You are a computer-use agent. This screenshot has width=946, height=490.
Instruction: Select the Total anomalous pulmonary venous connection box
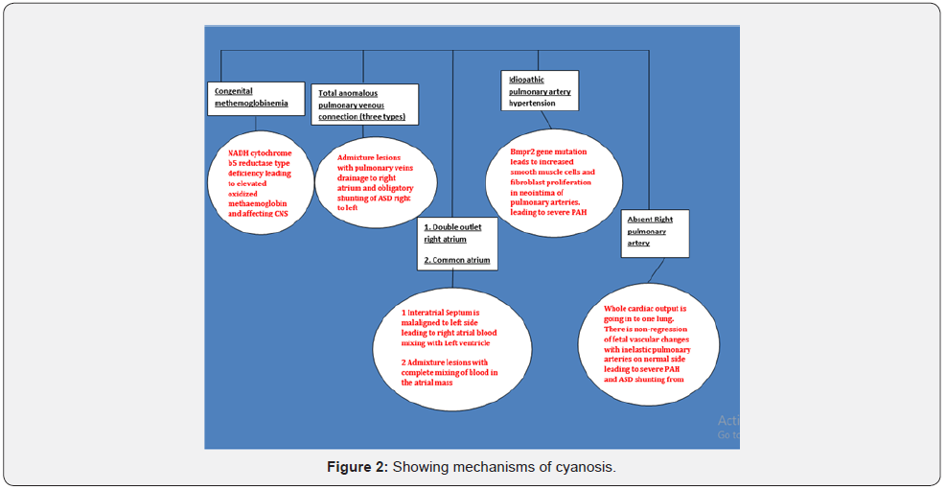pyautogui.click(x=364, y=105)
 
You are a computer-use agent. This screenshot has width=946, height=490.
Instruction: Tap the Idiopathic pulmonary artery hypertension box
pyautogui.click(x=541, y=91)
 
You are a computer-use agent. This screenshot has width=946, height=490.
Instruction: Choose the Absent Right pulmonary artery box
pyautogui.click(x=655, y=231)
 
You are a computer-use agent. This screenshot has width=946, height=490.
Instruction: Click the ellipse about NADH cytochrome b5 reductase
pyautogui.click(x=261, y=183)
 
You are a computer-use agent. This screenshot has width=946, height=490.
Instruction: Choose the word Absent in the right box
pyautogui.click(x=639, y=220)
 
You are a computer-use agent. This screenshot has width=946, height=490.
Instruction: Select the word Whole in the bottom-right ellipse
pyautogui.click(x=619, y=309)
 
